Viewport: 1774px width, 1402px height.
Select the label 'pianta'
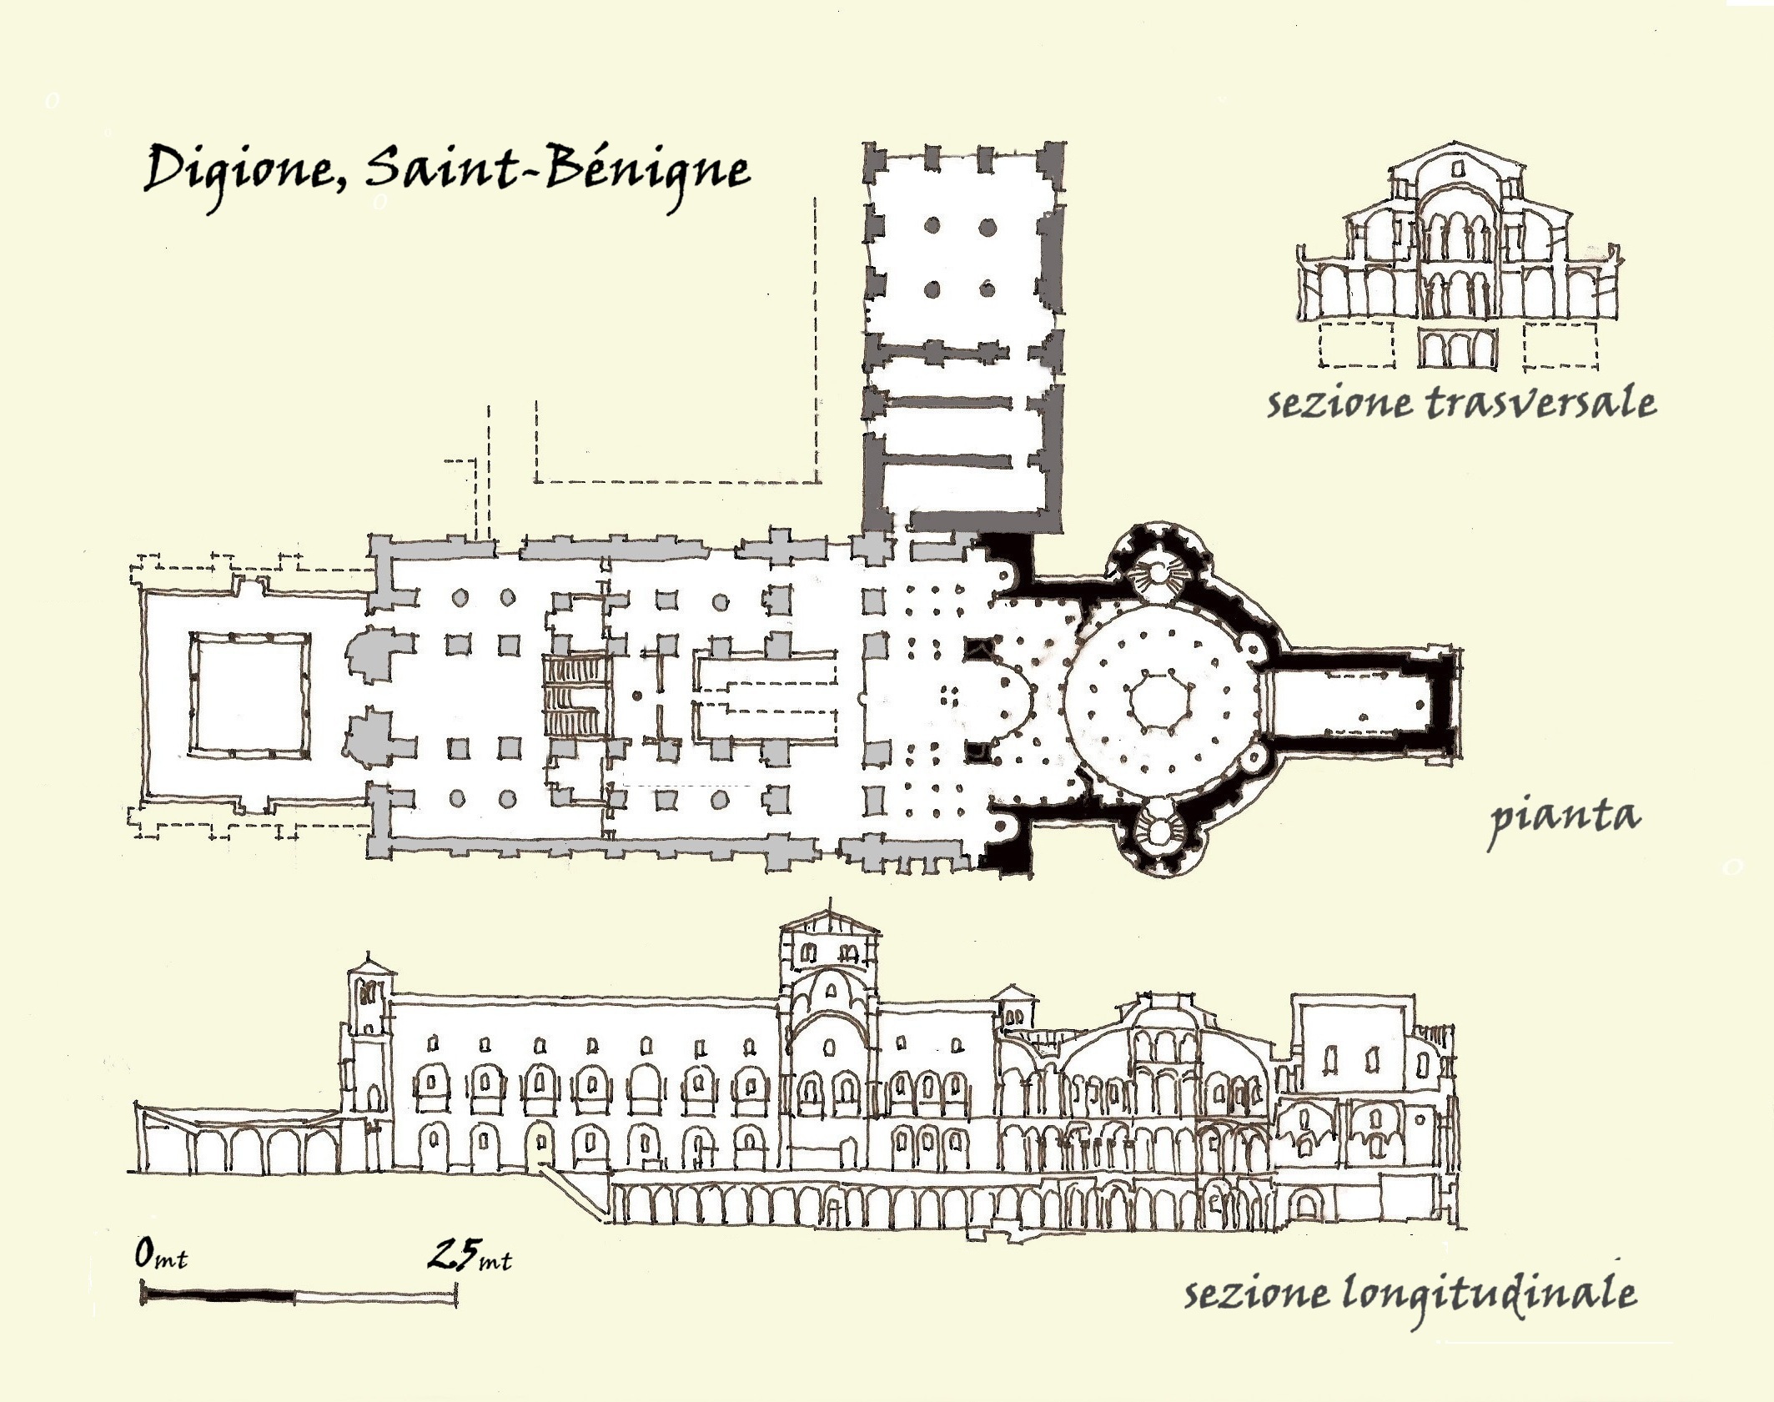[x=1565, y=817]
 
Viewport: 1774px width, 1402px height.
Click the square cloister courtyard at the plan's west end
[x=249, y=695]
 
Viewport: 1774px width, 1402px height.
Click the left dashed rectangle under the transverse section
[x=1356, y=344]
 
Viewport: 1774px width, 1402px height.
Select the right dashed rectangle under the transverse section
[x=1560, y=344]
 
